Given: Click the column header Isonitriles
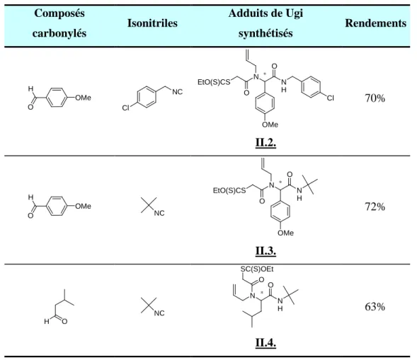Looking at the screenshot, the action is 152,23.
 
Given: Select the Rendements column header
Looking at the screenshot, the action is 375,23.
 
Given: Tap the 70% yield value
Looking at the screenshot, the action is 375,98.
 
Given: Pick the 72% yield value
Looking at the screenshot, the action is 375,207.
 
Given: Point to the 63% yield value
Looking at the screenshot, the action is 375,306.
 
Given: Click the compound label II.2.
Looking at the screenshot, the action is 265,142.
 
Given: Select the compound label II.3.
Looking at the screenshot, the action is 265,250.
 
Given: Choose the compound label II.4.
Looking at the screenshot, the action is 265,342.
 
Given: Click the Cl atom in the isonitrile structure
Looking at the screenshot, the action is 125,108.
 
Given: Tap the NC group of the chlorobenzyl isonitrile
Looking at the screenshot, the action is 178,92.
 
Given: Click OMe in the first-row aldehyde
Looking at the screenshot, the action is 83,98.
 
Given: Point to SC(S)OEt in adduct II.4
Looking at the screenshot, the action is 257,269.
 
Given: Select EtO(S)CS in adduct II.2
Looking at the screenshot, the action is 214,82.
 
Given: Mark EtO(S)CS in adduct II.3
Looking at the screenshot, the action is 229,190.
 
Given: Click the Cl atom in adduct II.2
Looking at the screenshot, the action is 331,98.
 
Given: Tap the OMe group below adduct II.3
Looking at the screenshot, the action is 285,233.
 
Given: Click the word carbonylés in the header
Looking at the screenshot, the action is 59,33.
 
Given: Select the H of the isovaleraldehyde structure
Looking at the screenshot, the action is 47,322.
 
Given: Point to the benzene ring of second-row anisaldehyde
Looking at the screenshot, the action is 57,206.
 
